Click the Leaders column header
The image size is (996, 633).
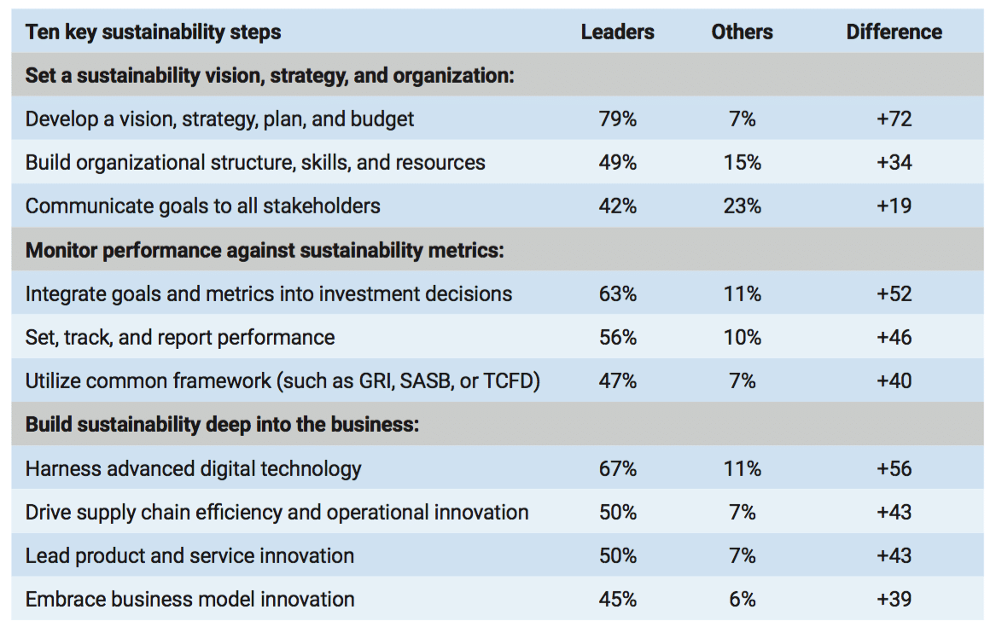pyautogui.click(x=617, y=32)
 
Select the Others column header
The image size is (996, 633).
pyautogui.click(x=742, y=32)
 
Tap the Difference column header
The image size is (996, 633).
pyautogui.click(x=894, y=32)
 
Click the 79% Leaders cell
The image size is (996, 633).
pyautogui.click(x=617, y=119)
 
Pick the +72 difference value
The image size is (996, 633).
pyautogui.click(x=894, y=119)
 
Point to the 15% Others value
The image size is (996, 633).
pyautogui.click(x=742, y=162)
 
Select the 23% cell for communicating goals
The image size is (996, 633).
pyautogui.click(x=742, y=206)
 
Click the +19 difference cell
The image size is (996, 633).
pyautogui.click(x=894, y=206)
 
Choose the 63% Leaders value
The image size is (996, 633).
pyautogui.click(x=617, y=293)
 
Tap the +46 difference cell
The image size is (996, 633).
pyautogui.click(x=894, y=337)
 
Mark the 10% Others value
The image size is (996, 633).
pyautogui.click(x=742, y=337)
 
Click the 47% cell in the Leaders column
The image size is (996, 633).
pyautogui.click(x=617, y=380)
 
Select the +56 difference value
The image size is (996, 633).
pyautogui.click(x=894, y=468)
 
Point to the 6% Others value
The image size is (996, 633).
pyautogui.click(x=742, y=599)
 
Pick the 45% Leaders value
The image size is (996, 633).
pyautogui.click(x=617, y=599)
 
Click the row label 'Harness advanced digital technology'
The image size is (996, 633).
pyautogui.click(x=193, y=468)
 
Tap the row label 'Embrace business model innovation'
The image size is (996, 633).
pyautogui.click(x=189, y=599)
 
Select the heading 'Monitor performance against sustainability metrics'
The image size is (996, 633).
pyautogui.click(x=265, y=250)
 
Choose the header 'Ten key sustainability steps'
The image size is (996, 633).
pyautogui.click(x=153, y=32)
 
